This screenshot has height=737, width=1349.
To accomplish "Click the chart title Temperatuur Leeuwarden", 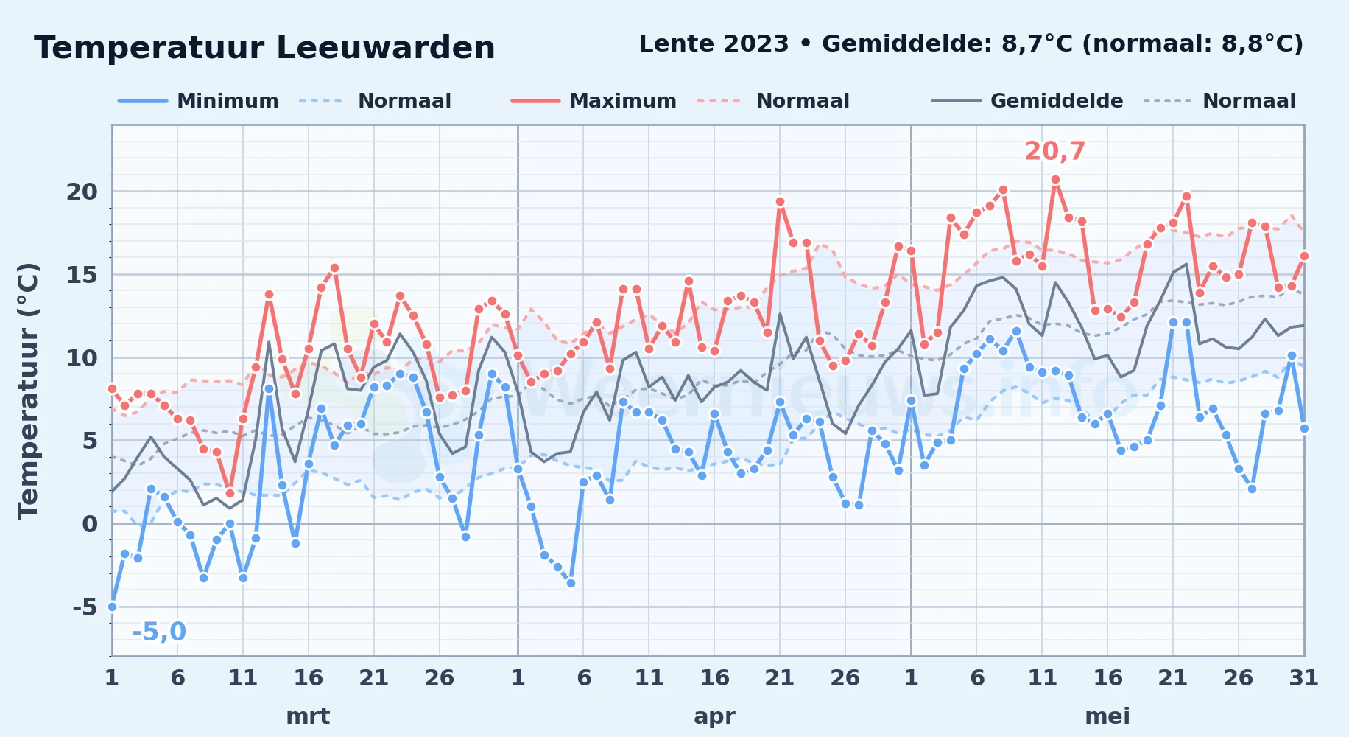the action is [x=264, y=49].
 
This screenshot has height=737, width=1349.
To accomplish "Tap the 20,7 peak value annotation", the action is [x=1054, y=151].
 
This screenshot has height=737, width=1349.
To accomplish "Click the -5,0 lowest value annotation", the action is [x=159, y=632].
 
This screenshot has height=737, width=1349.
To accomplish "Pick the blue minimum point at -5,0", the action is [x=112, y=607].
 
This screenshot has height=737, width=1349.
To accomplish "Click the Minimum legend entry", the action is [x=199, y=101].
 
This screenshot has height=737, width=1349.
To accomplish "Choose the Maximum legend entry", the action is [x=594, y=101].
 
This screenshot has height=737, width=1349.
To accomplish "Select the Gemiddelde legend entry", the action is [x=1028, y=101].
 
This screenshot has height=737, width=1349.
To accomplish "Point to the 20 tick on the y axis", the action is [x=82, y=192].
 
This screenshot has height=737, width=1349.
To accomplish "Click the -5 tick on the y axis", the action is [x=85, y=607].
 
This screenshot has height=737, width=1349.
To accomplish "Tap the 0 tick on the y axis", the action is [x=90, y=524].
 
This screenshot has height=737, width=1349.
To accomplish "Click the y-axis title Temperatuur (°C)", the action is [x=28, y=391].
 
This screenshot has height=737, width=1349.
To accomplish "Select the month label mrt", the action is [x=308, y=716].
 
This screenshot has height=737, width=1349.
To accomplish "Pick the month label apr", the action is [x=714, y=716].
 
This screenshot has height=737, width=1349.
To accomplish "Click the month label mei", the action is [x=1107, y=716].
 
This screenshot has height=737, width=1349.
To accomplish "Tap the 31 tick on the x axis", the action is [x=1303, y=677].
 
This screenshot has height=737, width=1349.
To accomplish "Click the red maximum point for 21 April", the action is [x=780, y=201].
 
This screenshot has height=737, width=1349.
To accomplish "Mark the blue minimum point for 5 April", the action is [x=571, y=583].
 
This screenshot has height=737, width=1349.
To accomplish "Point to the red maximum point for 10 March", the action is [x=230, y=493].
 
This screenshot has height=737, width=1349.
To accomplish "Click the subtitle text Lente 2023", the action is [x=714, y=43].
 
